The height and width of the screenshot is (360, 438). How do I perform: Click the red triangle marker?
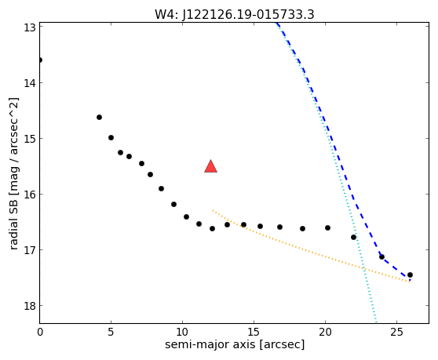[x=210, y=167]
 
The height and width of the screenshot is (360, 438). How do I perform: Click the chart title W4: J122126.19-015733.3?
[x=235, y=15]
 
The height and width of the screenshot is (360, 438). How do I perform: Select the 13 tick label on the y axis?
[x=29, y=27]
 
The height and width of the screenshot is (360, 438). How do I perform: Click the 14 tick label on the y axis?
[x=29, y=83]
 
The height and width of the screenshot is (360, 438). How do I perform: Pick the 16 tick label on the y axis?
[x=29, y=195]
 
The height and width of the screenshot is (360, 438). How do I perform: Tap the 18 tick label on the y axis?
[x=29, y=306]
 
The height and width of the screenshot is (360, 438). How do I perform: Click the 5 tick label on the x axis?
[x=111, y=332]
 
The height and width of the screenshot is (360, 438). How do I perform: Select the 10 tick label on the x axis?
[x=182, y=332]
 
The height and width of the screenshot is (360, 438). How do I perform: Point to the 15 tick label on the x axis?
[x=254, y=332]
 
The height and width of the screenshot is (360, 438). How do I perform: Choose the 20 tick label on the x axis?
[x=325, y=332]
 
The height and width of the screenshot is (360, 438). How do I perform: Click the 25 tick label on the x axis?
[x=396, y=332]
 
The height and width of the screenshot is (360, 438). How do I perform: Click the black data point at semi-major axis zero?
[x=40, y=60]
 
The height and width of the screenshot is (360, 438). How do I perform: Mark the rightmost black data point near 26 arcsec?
[x=410, y=275]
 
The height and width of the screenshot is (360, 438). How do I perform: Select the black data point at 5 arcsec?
[x=111, y=137]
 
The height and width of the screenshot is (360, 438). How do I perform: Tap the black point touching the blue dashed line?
[x=381, y=256]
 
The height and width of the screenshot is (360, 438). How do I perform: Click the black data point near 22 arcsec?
[x=354, y=237]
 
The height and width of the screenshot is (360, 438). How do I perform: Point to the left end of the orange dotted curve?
[x=213, y=210]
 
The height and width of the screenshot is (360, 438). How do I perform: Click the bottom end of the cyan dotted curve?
[x=376, y=322]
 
